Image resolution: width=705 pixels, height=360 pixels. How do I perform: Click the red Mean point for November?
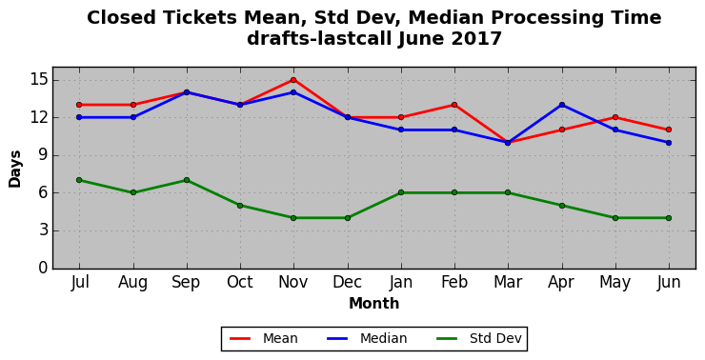coord(293,80)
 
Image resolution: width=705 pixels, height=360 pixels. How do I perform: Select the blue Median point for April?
coord(562,105)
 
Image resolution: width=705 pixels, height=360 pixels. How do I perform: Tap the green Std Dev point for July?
coord(79,180)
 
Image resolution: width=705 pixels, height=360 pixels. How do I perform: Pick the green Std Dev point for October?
coord(240,206)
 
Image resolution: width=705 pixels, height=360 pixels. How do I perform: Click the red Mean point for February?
coord(454,105)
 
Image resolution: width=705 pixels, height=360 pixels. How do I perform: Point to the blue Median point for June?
coord(669,143)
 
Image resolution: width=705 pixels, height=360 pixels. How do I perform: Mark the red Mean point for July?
coord(79,105)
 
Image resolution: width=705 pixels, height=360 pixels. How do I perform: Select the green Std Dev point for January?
coord(401,192)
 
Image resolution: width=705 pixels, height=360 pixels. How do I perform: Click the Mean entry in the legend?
coord(264,338)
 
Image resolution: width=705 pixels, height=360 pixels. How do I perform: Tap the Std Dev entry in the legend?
coord(479,338)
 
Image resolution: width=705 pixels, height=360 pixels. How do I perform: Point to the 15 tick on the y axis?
coord(38,80)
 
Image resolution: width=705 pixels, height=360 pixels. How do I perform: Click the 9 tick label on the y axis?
coord(43,155)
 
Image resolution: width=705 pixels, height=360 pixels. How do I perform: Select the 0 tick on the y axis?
coord(43,268)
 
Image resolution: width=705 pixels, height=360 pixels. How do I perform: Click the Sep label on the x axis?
coord(186,283)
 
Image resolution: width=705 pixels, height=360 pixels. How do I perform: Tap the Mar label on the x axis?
coord(508,282)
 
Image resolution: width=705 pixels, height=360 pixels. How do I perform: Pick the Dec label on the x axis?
coord(347,282)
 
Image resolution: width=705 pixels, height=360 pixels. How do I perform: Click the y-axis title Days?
coord(15,169)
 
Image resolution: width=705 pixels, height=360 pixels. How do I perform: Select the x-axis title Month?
coord(374,304)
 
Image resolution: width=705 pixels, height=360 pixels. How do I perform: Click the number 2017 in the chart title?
coord(476,38)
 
